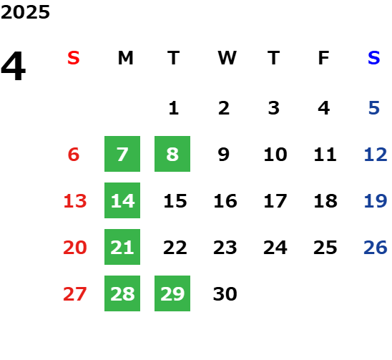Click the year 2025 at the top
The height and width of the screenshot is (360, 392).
point(25,12)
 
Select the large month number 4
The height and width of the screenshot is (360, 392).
point(14,66)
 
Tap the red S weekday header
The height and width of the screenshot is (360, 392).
point(74,58)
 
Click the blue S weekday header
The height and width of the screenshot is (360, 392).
point(374,58)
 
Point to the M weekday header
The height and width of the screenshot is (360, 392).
point(125,58)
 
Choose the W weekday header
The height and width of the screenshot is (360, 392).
point(227,58)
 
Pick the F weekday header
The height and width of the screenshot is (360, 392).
point(324,58)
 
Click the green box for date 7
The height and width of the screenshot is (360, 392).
point(122,154)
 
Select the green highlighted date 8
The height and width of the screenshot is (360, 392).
point(172,154)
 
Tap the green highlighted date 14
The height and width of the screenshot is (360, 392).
point(122,200)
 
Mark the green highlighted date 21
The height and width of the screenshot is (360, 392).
point(122,247)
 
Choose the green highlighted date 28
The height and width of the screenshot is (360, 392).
point(122,293)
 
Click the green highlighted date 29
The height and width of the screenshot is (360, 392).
point(172,293)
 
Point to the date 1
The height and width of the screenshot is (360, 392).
point(174,108)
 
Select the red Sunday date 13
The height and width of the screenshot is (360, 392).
point(75,201)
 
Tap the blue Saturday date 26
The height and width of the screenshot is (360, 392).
point(376,248)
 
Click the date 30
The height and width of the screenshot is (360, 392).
point(225,293)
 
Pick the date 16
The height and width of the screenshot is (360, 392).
point(225,201)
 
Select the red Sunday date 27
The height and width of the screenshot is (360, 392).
point(75,293)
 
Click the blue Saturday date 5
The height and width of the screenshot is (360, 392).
point(374,108)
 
